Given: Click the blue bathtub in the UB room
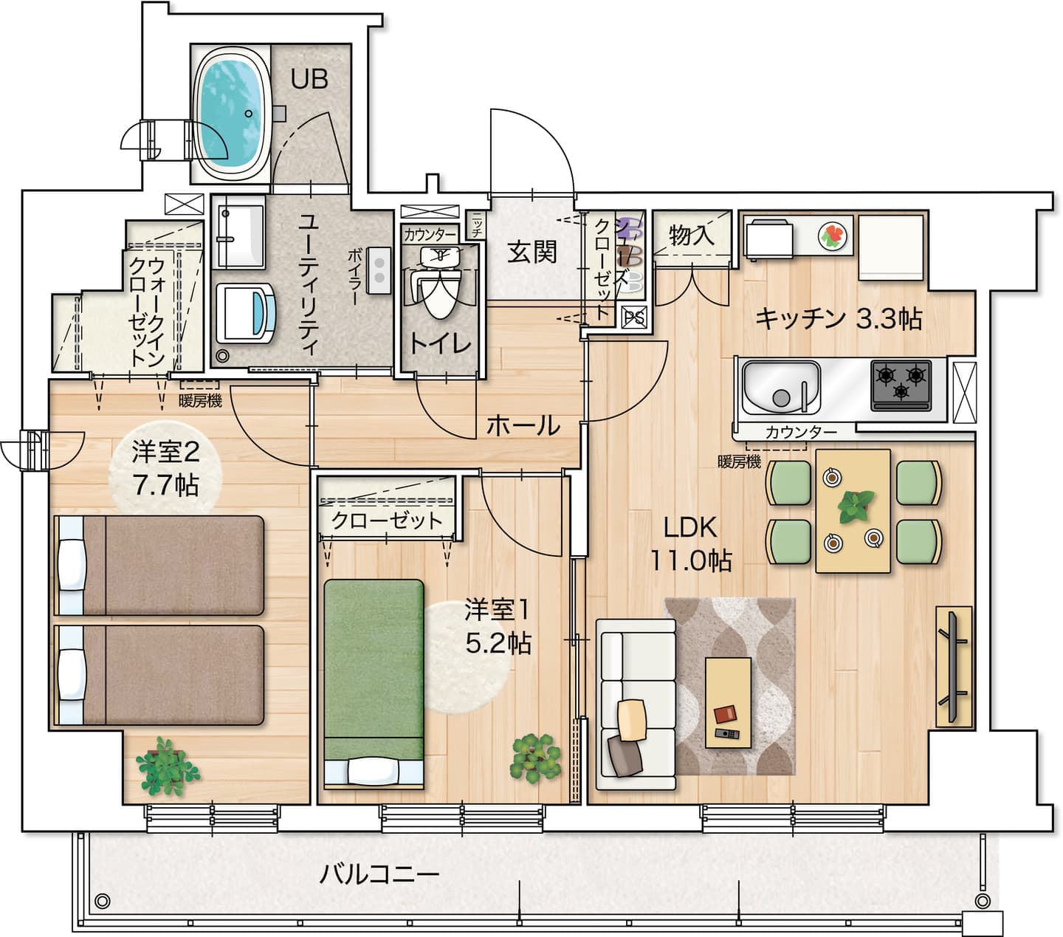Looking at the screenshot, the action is pyautogui.click(x=231, y=114).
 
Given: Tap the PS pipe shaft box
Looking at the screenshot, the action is pyautogui.click(x=634, y=317).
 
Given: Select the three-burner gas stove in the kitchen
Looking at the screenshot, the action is pyautogui.click(x=901, y=385).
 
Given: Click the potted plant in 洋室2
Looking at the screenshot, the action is pyautogui.click(x=167, y=766).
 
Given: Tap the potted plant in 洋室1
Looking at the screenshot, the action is pyautogui.click(x=535, y=758).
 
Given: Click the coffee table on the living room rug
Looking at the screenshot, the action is pyautogui.click(x=728, y=702).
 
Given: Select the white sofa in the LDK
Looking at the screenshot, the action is pyautogui.click(x=636, y=704).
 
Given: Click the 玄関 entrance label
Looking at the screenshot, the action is pyautogui.click(x=531, y=253).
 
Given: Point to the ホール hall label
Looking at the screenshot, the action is pyautogui.click(x=523, y=425).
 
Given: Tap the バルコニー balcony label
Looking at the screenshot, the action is pyautogui.click(x=379, y=875).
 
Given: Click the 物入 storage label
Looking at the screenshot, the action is pyautogui.click(x=692, y=235).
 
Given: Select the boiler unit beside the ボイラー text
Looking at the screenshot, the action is pyautogui.click(x=379, y=270).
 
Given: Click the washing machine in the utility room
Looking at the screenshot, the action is pyautogui.click(x=246, y=314).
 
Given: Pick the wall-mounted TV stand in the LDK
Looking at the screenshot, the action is pyautogui.click(x=954, y=667).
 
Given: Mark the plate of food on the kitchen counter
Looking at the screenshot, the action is pyautogui.click(x=832, y=236).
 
